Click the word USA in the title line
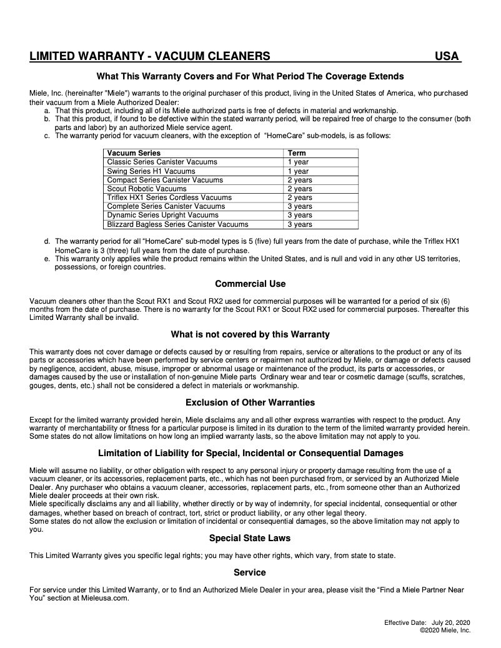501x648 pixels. [447, 57]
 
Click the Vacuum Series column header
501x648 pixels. [134, 153]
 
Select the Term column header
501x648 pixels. [297, 153]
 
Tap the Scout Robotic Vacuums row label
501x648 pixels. [147, 189]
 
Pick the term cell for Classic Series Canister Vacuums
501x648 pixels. [298, 162]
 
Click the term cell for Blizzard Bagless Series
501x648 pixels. [300, 224]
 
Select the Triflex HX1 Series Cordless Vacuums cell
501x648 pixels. [169, 197]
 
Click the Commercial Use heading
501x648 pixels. [250, 284]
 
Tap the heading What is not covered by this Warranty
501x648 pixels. [250, 334]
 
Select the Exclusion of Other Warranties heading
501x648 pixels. [250, 402]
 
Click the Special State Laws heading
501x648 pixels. [250, 538]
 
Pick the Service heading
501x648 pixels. [250, 572]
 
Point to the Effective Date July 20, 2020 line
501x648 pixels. [427, 623]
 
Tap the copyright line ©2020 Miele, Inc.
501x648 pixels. [445, 631]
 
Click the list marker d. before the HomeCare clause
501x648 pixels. [47, 241]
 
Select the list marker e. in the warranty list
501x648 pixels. [47, 259]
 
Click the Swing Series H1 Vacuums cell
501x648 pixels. [151, 171]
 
